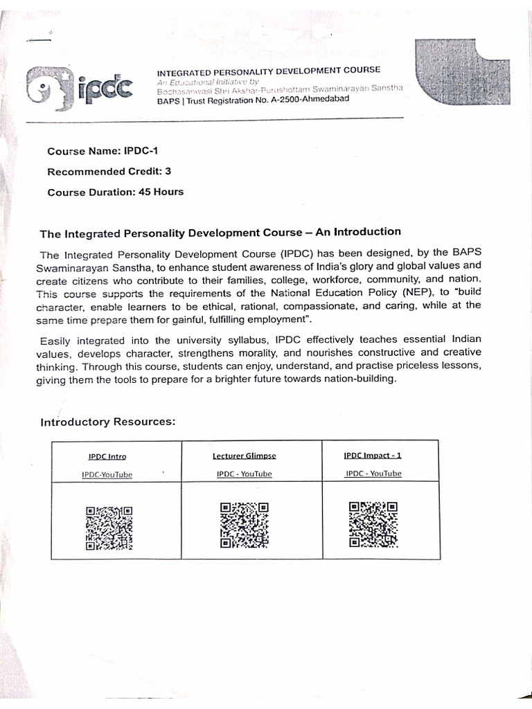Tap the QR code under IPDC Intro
109,528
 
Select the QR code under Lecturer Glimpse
244,525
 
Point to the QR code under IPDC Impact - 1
373,523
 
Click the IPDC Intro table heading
107,457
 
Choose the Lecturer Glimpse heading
244,456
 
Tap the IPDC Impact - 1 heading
373,455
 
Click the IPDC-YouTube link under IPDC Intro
107,475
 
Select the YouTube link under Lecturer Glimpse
244,474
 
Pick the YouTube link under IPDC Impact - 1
373,473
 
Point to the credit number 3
168,171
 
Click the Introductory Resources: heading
108,422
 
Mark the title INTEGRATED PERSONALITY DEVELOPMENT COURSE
269,71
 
